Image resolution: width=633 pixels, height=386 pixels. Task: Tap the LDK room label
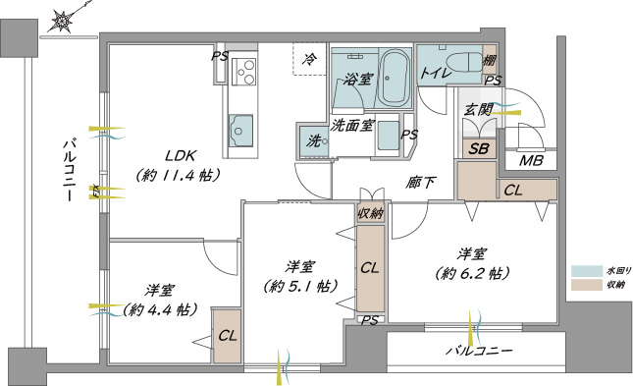[x=181, y=155]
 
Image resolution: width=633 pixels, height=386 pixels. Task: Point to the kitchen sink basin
[x=241, y=131]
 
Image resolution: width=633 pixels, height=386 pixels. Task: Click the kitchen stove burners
[x=243, y=71]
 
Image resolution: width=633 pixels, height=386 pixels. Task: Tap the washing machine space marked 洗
[x=314, y=140]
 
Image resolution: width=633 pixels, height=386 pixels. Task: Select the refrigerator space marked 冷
[x=309, y=59]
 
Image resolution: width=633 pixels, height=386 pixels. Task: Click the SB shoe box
[x=479, y=148]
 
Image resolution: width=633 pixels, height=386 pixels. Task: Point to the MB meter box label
[x=531, y=161]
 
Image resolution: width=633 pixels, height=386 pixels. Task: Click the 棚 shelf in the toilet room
[x=490, y=60]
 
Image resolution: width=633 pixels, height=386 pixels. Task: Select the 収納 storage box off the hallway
[x=370, y=212]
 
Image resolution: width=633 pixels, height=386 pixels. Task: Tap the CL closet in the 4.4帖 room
[x=228, y=336]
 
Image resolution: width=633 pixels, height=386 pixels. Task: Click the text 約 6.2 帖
[x=471, y=274]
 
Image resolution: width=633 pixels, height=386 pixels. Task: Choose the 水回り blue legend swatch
[x=586, y=271]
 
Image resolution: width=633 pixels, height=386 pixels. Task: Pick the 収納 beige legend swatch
[x=586, y=285]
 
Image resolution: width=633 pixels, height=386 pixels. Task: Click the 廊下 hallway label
[x=421, y=183]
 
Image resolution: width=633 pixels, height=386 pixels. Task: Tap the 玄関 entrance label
[x=479, y=109]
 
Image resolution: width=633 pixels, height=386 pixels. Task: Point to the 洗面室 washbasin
[x=388, y=135]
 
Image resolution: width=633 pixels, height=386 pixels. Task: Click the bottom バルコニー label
[x=479, y=350]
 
